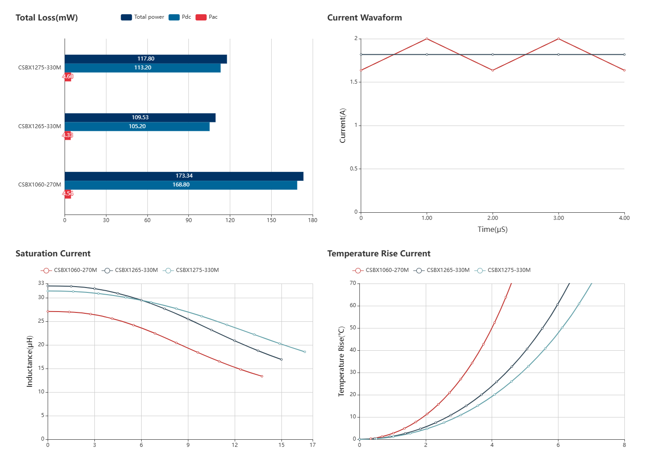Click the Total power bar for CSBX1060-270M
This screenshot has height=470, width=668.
point(184,176)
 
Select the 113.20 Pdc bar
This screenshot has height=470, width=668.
point(143,68)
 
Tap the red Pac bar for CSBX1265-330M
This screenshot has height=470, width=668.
point(68,135)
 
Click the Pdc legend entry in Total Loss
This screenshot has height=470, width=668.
point(180,17)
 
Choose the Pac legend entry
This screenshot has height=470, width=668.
point(207,17)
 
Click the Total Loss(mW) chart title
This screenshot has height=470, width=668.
point(47,18)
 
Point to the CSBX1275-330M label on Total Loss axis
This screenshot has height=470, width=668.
point(40,68)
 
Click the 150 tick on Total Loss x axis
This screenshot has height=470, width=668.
point(271,220)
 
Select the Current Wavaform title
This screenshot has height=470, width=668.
point(364,18)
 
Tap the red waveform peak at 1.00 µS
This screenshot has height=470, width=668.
point(427,39)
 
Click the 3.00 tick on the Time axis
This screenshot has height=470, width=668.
point(558,218)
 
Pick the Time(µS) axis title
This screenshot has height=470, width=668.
point(493,230)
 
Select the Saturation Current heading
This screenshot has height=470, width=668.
point(53,254)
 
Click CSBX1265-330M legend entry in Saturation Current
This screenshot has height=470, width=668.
point(130,270)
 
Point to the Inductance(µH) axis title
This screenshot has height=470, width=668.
point(30,361)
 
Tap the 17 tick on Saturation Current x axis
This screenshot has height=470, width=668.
point(313,445)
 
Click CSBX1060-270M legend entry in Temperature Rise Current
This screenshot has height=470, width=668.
point(381,270)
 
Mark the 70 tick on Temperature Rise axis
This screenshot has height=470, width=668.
point(353,283)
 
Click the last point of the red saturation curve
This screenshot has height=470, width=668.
point(262,377)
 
